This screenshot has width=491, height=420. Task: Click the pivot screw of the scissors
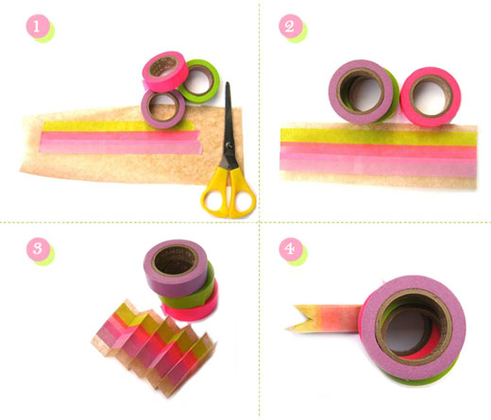point(229,146)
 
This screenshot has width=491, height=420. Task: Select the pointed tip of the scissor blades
point(228,83)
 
